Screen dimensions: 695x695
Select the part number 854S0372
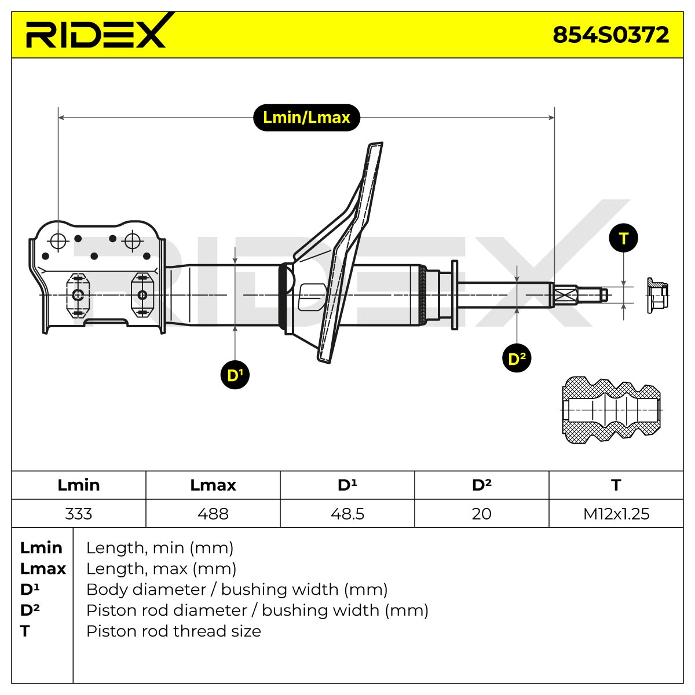(x=610, y=35)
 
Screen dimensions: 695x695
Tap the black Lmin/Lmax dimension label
(x=306, y=118)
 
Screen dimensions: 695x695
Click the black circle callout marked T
(x=624, y=238)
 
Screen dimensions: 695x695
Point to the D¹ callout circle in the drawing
(x=235, y=375)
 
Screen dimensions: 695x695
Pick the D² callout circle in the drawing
(x=517, y=358)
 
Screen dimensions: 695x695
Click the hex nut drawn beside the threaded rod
(x=657, y=295)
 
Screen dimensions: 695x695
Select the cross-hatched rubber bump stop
(x=611, y=410)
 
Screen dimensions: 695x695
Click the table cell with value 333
(x=79, y=514)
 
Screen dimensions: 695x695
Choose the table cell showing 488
(x=213, y=514)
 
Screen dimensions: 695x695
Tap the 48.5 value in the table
(x=348, y=514)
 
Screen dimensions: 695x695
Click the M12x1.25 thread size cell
(x=616, y=514)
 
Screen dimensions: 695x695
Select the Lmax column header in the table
(x=213, y=485)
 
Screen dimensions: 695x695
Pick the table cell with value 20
(x=481, y=514)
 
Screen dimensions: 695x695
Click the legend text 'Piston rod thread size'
(x=174, y=631)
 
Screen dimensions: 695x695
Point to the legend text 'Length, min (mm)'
(x=160, y=548)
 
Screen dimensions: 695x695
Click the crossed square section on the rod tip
(x=565, y=295)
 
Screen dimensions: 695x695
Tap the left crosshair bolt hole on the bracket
(x=58, y=241)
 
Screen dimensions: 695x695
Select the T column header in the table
(x=616, y=485)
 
